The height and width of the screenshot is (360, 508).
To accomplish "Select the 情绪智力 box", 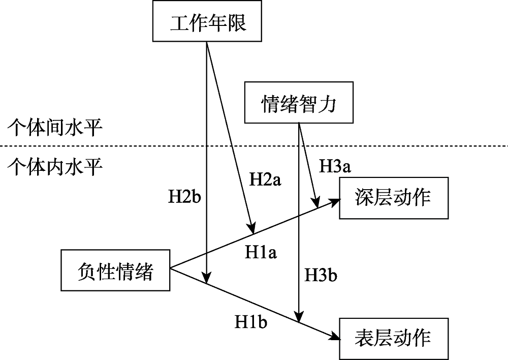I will (298, 103).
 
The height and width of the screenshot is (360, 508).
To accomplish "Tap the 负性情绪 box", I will (115, 270).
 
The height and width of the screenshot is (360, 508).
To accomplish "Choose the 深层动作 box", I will (393, 198).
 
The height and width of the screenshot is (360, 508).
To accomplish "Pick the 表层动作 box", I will (393, 337).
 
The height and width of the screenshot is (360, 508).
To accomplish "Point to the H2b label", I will (185, 196).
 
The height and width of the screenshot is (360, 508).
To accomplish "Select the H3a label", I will (336, 166).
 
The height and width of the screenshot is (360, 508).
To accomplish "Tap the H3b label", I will (321, 275).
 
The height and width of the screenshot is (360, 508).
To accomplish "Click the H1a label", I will (261, 252).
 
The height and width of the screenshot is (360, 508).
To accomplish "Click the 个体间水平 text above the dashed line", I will (55, 127).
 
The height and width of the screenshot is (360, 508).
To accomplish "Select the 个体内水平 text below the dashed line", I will (55, 166).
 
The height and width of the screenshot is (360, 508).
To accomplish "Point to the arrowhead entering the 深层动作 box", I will (334, 200).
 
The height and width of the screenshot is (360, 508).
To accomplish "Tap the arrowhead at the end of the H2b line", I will (207, 277).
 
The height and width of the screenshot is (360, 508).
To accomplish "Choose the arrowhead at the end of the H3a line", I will (317, 202).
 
